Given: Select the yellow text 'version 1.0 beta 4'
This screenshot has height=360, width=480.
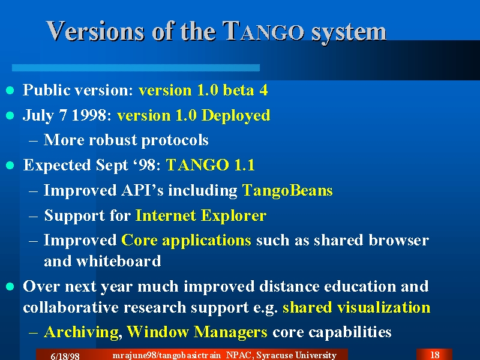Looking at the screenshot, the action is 203,90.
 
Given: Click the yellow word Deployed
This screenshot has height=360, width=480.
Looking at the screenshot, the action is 236,116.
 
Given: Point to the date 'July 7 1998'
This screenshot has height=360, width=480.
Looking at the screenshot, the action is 65,116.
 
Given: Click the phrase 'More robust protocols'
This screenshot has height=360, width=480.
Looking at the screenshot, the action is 126,140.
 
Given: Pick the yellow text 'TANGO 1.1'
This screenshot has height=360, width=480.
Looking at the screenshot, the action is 211,165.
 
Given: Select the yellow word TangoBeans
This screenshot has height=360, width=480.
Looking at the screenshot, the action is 287,190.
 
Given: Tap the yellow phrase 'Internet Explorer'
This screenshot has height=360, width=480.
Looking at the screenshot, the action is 201,215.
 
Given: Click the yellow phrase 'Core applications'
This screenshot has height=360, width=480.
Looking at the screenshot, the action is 187,241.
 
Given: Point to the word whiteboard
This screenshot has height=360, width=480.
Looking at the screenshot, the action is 118,261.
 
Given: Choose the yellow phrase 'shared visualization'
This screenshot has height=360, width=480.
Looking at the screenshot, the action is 356,307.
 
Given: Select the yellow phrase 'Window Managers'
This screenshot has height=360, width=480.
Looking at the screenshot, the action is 197,332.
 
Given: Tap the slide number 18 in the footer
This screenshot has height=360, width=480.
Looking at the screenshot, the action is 434,355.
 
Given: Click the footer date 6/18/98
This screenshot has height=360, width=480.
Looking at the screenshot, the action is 65,356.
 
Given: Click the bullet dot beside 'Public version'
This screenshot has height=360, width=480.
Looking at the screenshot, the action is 10,91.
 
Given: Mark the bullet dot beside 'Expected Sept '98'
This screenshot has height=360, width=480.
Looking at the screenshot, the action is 10,166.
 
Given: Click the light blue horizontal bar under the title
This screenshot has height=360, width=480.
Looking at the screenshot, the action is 136,68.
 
